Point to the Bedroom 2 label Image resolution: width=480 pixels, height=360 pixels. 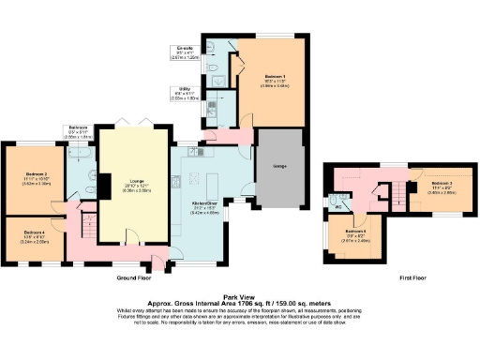pyautogui.click(x=35, y=174)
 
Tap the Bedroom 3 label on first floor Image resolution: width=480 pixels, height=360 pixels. pyautogui.click(x=442, y=183)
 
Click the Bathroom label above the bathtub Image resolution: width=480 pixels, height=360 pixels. pyautogui.click(x=78, y=127)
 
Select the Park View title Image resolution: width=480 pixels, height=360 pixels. pyautogui.click(x=240, y=292)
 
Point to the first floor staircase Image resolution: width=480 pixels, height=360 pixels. pyautogui.click(x=399, y=197)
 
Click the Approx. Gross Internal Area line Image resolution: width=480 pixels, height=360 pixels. pyautogui.click(x=240, y=301)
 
